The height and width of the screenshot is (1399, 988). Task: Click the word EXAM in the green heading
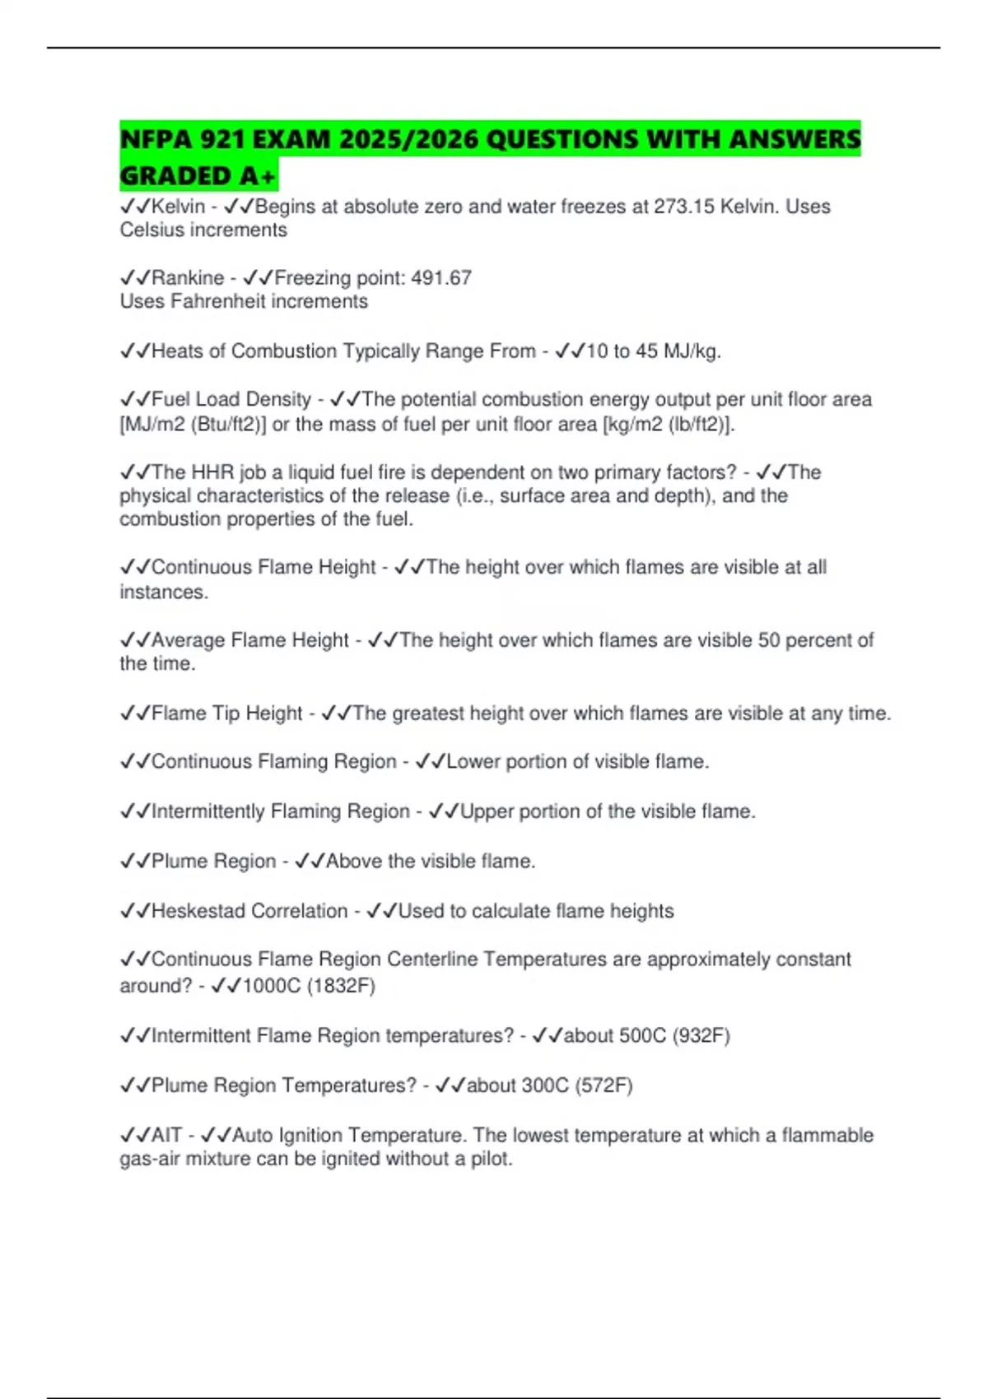point(291,139)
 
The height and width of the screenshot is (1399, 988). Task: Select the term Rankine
point(188,278)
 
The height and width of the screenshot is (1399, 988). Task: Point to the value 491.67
point(441,278)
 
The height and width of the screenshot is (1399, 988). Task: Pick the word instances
point(163,592)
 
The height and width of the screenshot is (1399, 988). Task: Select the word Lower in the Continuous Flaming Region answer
point(474,762)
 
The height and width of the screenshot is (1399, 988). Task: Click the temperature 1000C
point(272,986)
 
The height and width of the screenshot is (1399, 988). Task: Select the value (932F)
point(701,1035)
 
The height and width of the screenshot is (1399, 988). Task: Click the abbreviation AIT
point(166,1136)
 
